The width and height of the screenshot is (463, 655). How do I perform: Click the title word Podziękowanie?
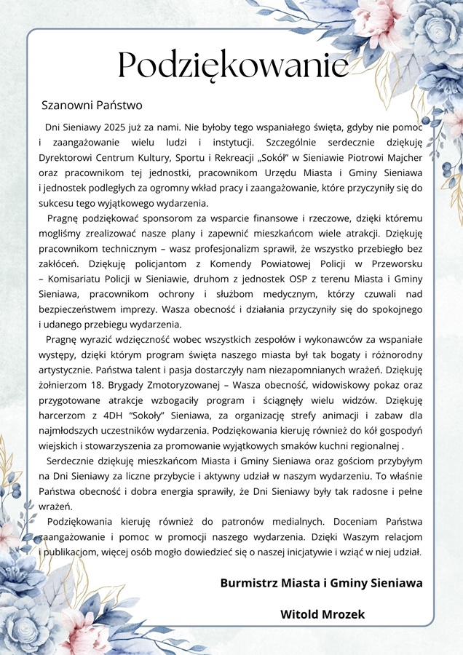click(233, 66)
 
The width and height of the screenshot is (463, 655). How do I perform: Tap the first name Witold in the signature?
click(298, 615)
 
